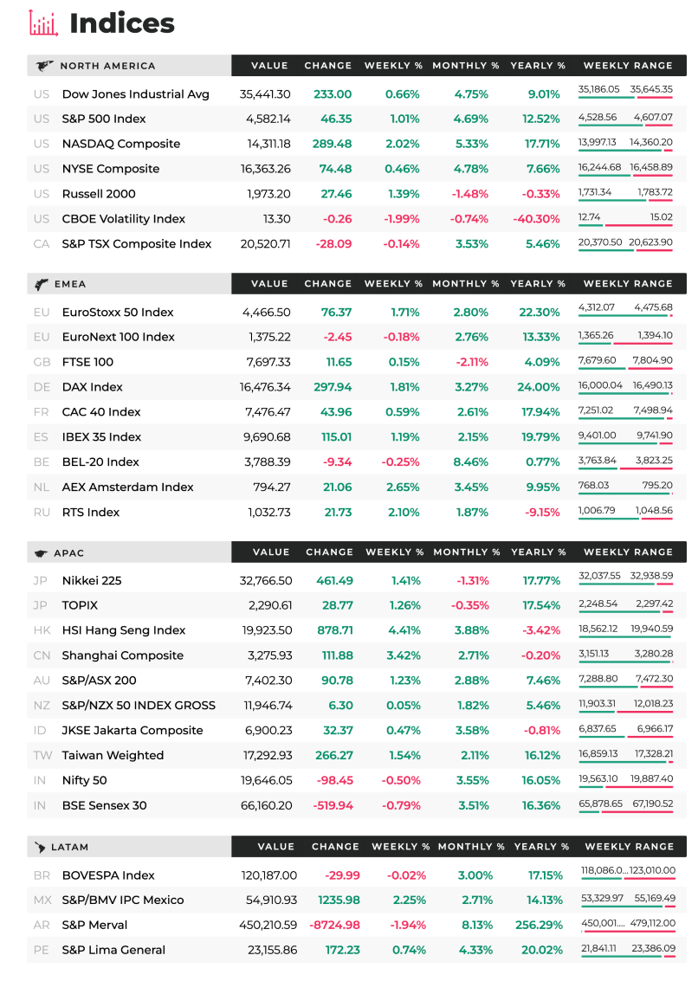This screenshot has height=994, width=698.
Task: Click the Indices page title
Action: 122,23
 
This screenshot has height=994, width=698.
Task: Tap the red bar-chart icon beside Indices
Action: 43,23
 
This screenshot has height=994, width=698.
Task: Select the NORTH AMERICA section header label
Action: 107,66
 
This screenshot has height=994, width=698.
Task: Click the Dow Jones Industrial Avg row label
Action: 136,94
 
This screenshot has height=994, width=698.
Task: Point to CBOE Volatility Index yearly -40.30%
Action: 536,219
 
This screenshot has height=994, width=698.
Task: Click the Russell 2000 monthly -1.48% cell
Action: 469,194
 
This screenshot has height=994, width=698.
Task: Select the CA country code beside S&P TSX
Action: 42,244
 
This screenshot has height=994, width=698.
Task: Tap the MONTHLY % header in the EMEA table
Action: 465,284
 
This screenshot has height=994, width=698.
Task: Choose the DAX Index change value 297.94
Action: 333,387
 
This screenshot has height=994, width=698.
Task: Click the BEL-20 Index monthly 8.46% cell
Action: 471,462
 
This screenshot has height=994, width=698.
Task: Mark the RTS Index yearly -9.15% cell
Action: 543,513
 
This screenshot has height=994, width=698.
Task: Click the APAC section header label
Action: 69,553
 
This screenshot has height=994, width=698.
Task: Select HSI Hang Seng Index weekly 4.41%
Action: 404,630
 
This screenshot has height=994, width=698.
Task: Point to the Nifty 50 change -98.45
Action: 335,780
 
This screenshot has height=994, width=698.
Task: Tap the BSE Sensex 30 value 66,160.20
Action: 266,806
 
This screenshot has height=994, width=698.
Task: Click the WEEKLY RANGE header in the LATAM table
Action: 630,847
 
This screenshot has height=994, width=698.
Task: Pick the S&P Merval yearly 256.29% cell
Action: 539,925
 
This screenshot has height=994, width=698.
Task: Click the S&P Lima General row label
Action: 113,950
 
